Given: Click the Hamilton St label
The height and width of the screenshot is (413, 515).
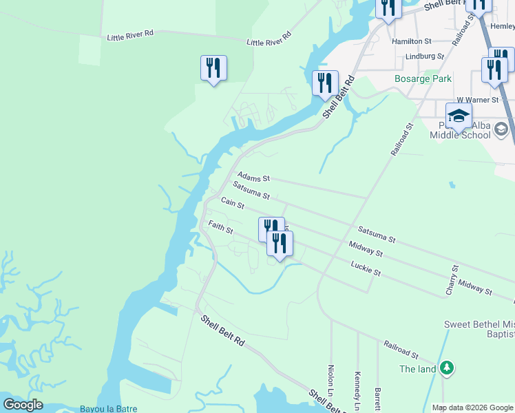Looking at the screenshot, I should coord(411,41).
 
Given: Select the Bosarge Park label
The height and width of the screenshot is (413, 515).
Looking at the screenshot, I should coord(423,78).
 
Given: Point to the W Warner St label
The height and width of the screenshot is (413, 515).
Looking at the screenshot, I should coord(477,100).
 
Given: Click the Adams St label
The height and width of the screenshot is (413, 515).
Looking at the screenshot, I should coord(254,178).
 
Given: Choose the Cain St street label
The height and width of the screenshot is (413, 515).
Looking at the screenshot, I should coord(232,202).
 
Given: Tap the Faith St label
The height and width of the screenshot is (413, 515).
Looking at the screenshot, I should coord(221,226).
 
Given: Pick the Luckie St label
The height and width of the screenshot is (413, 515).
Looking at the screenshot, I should coord(366,268).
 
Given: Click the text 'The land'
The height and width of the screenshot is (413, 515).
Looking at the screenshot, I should coord(418,369).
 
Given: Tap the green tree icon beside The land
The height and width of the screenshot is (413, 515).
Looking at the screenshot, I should coord(447,368).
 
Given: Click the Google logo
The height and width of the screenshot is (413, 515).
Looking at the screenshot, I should coord(23,404).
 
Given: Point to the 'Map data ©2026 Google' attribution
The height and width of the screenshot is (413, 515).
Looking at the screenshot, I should coord(472,407).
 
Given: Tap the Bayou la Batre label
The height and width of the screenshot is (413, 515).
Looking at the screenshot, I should coord(108,408).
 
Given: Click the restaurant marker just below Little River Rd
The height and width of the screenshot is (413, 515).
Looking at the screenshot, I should coord(213,68).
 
